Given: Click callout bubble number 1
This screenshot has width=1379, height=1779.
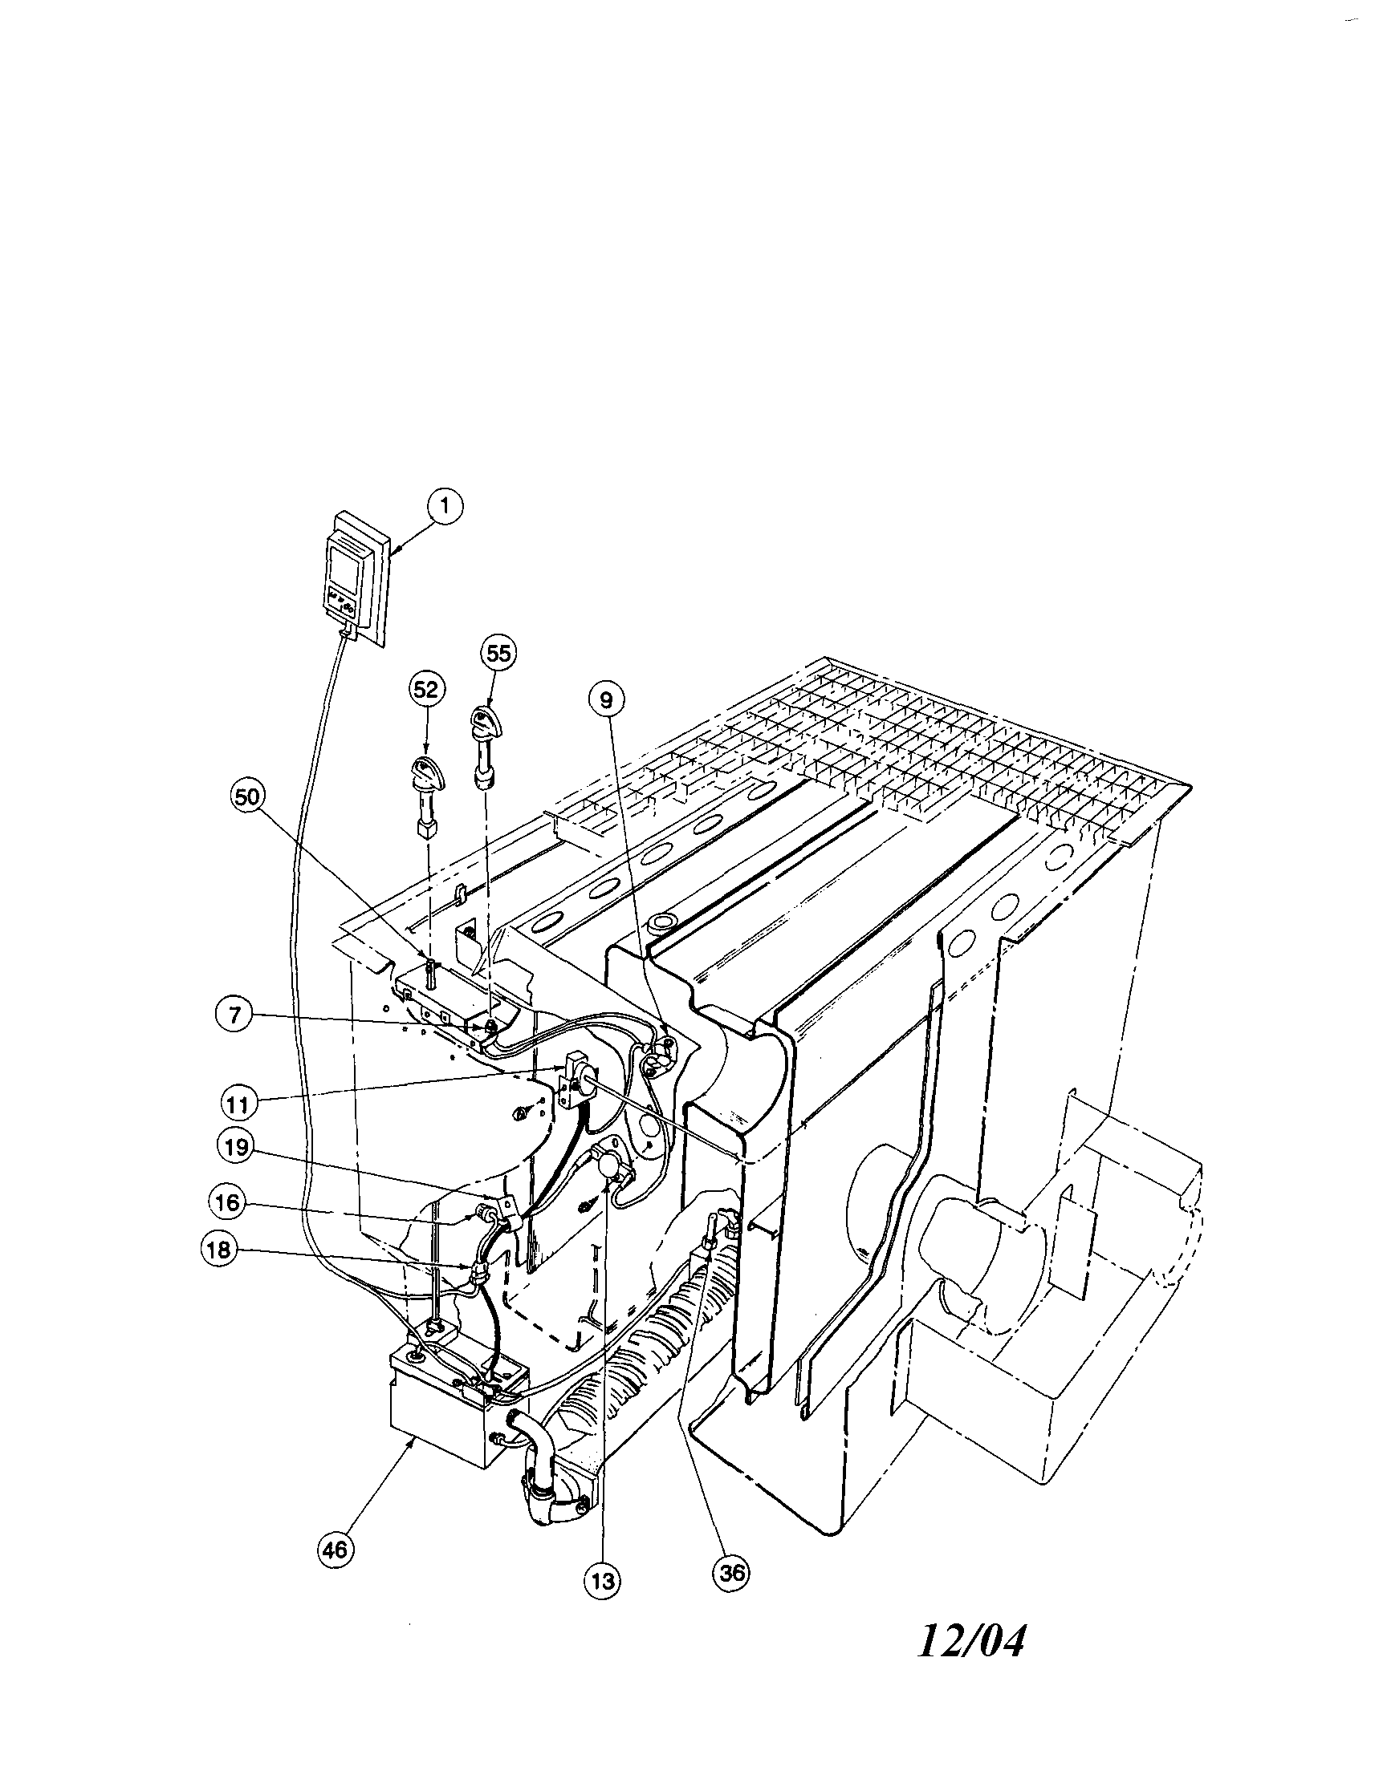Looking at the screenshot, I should (x=445, y=505).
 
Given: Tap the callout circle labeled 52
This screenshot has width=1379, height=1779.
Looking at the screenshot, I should (x=426, y=690).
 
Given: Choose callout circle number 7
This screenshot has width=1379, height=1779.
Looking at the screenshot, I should (x=233, y=1017).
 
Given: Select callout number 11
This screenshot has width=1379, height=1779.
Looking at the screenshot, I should (x=239, y=1105).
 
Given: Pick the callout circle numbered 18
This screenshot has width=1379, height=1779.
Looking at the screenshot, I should (x=218, y=1252).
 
